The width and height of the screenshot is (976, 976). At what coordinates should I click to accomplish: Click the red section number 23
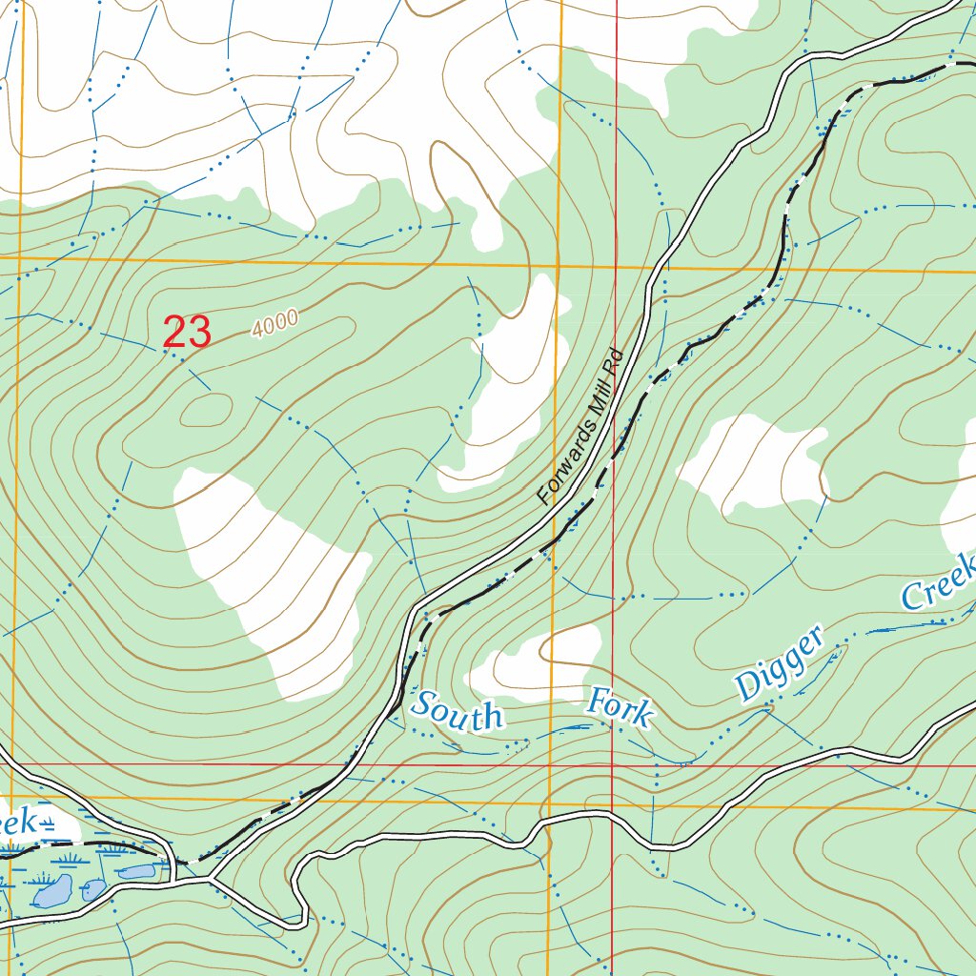tap(187, 333)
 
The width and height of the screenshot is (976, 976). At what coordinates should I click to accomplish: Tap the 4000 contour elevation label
tap(275, 323)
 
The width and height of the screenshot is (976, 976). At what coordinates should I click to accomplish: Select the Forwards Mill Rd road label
tap(579, 427)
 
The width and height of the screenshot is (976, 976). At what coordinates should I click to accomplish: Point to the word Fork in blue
tap(620, 708)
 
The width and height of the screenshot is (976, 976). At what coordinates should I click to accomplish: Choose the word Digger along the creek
tap(779, 665)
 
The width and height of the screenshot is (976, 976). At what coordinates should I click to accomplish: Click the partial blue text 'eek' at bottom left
tap(19, 823)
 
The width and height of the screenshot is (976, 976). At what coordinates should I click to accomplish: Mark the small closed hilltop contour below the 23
tap(205, 410)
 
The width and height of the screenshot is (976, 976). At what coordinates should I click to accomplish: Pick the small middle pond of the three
tap(93, 890)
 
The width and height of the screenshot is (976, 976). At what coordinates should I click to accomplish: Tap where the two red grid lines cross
tap(612, 764)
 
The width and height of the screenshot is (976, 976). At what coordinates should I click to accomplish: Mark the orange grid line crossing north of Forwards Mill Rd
tap(559, 265)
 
